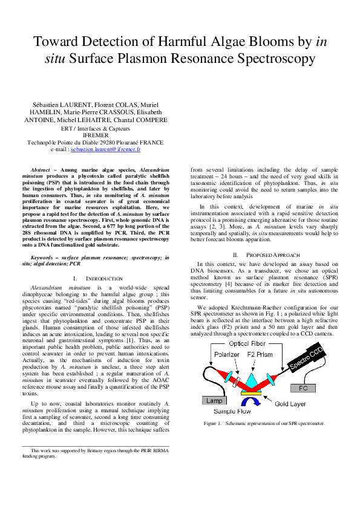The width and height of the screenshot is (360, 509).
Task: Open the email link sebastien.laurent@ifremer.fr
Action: tap(105, 148)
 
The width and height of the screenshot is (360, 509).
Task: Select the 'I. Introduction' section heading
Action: tap(96, 278)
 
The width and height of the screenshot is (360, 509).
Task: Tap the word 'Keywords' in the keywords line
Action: tap(43, 258)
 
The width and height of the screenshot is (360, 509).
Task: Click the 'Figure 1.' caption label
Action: tap(214, 424)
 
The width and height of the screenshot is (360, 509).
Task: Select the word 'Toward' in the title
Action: tap(57, 42)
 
